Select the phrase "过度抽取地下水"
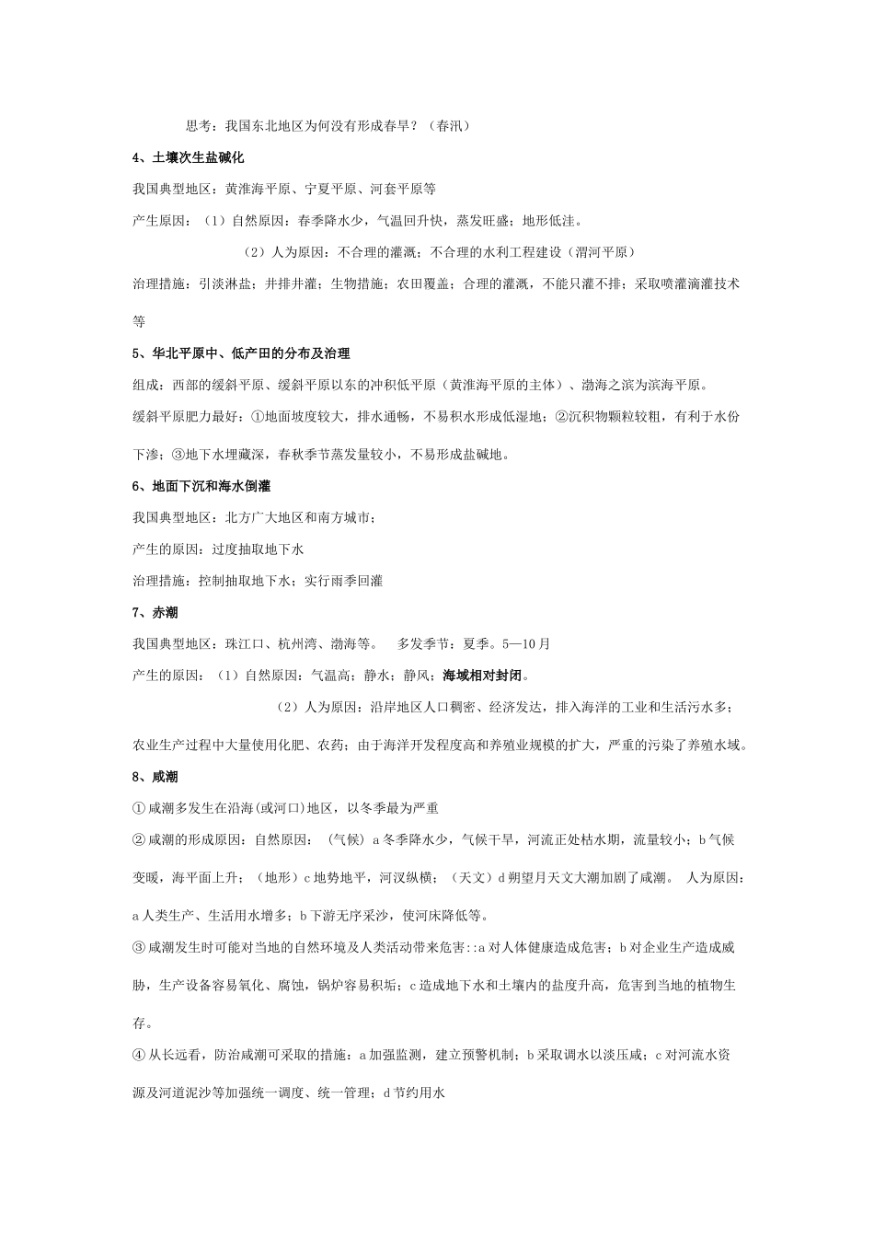[258, 549]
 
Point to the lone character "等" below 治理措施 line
[139, 321]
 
